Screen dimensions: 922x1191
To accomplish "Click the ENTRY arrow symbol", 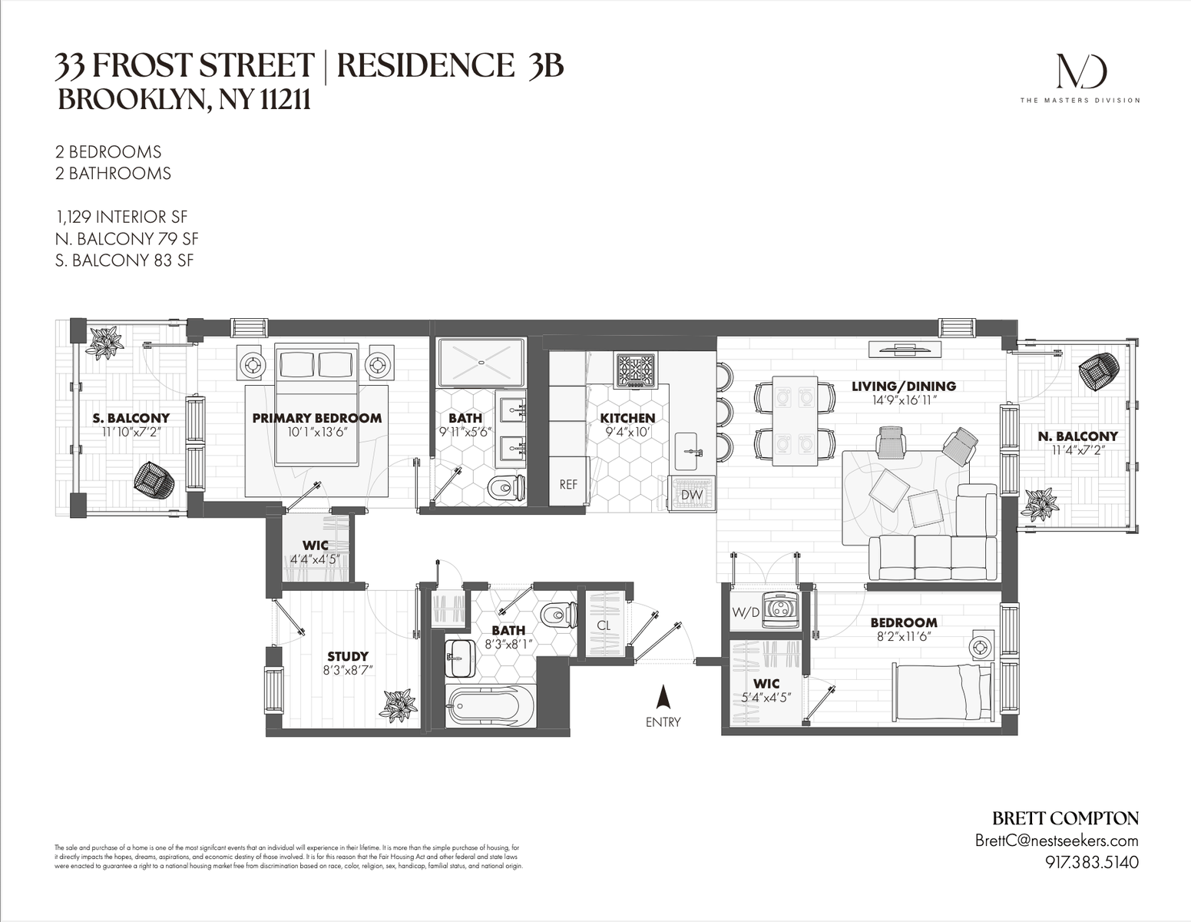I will click(x=663, y=697).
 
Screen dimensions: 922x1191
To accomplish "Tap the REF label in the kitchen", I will click(x=568, y=484).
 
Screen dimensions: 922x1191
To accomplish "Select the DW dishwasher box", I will click(x=692, y=495).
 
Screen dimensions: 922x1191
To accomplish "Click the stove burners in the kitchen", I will click(x=634, y=371).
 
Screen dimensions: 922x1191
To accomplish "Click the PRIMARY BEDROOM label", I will click(x=316, y=418).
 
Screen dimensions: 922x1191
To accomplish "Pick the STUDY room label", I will click(x=348, y=656).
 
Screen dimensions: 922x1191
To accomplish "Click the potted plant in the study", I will click(x=399, y=705).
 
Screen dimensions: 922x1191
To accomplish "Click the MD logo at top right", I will click(x=1080, y=71).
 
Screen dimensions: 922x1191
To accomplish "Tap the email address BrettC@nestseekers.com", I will click(x=1056, y=841).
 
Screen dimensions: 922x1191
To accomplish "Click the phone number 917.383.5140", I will click(x=1091, y=862).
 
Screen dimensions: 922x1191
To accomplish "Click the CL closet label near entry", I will click(x=604, y=625).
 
